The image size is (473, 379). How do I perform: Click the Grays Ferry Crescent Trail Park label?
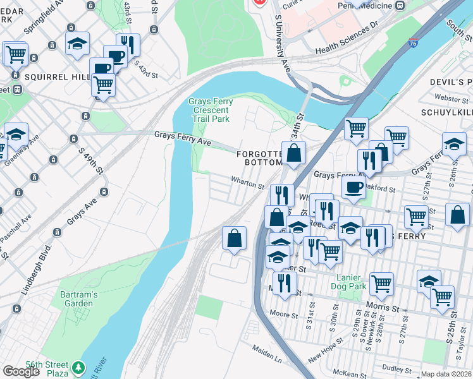tap(211, 110)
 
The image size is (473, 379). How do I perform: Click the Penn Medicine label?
tap(377, 5)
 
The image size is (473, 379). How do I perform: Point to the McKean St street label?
tap(348, 373)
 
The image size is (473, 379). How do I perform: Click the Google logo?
tap(21, 371)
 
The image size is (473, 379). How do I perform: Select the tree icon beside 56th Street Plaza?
tap(78, 367)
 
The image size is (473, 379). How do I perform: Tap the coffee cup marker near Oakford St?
tap(353, 187)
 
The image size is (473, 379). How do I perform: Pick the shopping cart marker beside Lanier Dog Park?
tap(381, 284)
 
